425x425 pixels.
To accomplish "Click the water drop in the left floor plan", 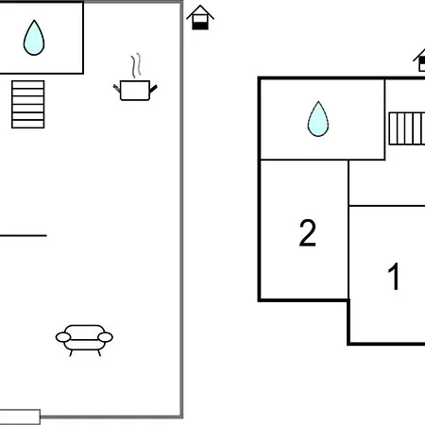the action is [34, 39].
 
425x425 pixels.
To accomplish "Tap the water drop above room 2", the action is [318, 119].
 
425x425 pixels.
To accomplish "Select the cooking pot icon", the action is [135, 91].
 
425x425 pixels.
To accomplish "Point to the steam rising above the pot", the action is [136, 65].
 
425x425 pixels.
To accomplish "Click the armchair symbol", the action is [84, 340].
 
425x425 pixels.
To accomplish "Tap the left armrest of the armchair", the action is [63, 337].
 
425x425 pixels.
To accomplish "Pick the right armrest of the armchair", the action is [105, 337].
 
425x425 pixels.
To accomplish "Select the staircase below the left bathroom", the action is [28, 105].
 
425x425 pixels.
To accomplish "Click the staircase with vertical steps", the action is [407, 128].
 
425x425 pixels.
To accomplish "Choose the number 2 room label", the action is [307, 232].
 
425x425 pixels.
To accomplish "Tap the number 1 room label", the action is [394, 277].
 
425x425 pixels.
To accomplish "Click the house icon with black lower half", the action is [200, 18].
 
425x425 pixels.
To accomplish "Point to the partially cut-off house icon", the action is [420, 60].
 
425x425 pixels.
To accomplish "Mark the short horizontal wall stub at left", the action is [24, 235].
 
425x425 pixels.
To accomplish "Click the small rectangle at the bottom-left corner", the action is [20, 416].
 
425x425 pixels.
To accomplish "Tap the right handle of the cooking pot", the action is [153, 89].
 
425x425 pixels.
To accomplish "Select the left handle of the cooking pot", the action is [117, 89].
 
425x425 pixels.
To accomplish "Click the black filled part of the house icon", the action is [200, 26].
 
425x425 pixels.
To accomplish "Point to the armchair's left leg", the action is [71, 353].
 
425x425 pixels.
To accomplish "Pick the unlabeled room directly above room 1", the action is [387, 182].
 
